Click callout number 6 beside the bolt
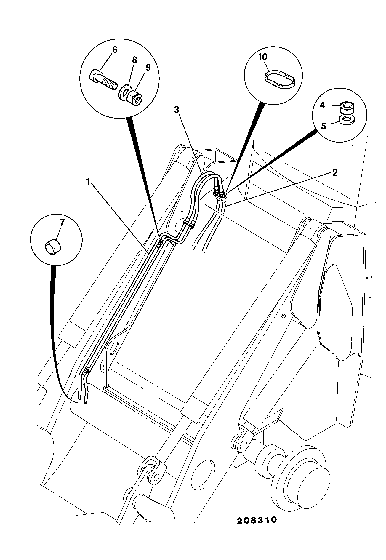[114, 50]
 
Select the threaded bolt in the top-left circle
[103, 79]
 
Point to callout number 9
[148, 67]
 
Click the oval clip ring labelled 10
[279, 78]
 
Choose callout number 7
[62, 223]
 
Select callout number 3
[176, 110]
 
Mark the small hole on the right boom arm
[284, 316]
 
